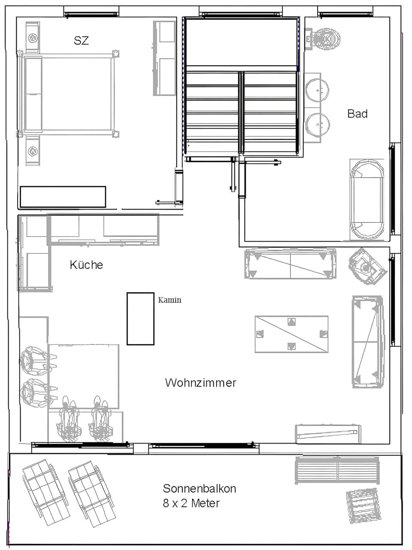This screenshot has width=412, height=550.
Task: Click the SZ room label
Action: click(81, 41)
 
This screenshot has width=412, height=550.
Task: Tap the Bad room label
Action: click(357, 114)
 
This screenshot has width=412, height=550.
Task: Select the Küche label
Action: click(86, 265)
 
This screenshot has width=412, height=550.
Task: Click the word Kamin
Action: click(170, 300)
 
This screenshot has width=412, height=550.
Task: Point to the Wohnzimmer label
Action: click(200, 383)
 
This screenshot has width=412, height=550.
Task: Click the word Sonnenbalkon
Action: click(199, 488)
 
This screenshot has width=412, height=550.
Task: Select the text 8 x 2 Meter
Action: click(191, 503)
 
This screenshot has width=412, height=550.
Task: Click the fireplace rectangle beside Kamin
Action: click(140, 319)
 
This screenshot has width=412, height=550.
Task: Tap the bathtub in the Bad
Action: click(367, 199)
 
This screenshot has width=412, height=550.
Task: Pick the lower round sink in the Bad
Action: click(318, 124)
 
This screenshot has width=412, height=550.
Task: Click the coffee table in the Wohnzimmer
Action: click(291, 334)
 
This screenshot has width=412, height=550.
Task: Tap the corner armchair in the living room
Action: click(366, 266)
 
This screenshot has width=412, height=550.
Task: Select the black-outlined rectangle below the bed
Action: click(63, 197)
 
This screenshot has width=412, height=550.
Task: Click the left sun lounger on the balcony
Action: click(45, 492)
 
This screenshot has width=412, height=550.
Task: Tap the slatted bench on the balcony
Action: click(337, 470)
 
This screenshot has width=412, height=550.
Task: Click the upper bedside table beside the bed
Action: click(33, 38)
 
